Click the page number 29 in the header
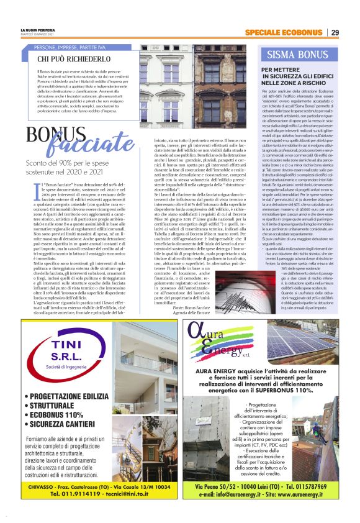point(335,32)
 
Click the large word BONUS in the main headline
point(52,134)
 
